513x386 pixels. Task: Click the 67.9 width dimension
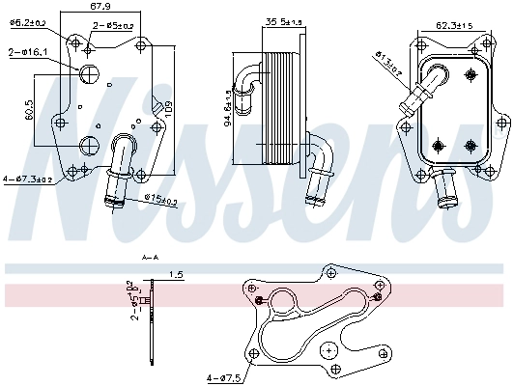pyautogui.click(x=100, y=8)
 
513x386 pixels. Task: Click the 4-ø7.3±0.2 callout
pyautogui.click(x=30, y=179)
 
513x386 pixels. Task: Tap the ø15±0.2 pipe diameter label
pyautogui.click(x=161, y=201)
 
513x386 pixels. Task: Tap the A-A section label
pyautogui.click(x=150, y=259)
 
